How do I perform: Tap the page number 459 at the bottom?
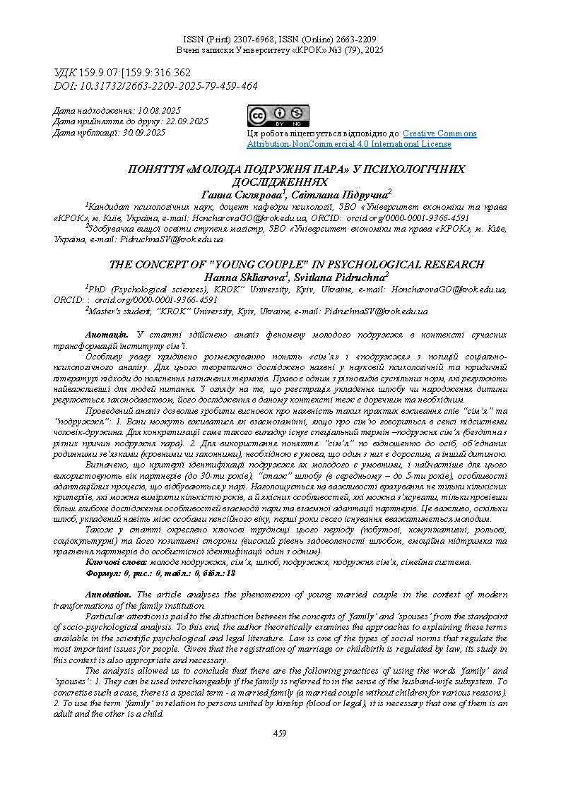click(x=280, y=734)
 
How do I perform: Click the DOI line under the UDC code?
click(x=155, y=86)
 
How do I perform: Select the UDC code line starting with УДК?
click(x=122, y=73)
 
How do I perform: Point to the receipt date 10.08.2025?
click(x=160, y=111)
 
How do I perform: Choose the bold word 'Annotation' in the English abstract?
click(x=108, y=595)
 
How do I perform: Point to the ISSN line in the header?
click(x=280, y=40)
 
